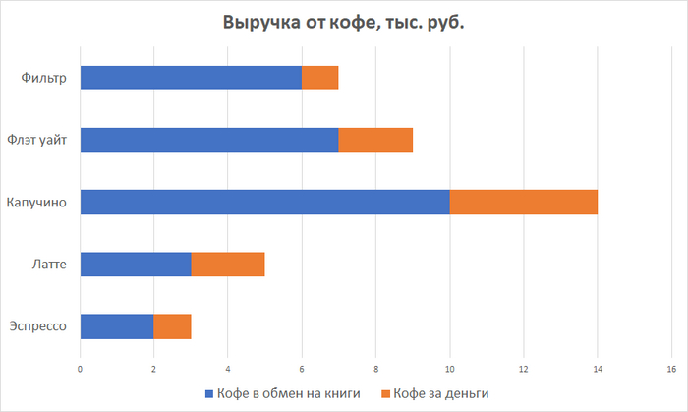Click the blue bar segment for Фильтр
pyautogui.click(x=191, y=78)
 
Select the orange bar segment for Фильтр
pyautogui.click(x=320, y=78)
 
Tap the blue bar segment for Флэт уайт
pyautogui.click(x=209, y=140)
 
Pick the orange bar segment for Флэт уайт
pyautogui.click(x=375, y=140)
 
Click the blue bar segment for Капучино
pyautogui.click(x=264, y=202)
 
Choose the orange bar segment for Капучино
pyautogui.click(x=524, y=202)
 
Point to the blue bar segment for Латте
pyautogui.click(x=136, y=264)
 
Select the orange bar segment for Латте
pyautogui.click(x=228, y=264)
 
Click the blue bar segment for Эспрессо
pyautogui.click(x=117, y=325)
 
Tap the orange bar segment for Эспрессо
pyautogui.click(x=172, y=325)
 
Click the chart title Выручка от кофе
pyautogui.click(x=344, y=23)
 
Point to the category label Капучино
pyautogui.click(x=38, y=202)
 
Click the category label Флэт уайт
pyautogui.click(x=37, y=140)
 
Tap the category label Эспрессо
pyautogui.click(x=37, y=325)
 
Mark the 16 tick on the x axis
pyautogui.click(x=671, y=369)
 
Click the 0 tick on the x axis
pyautogui.click(x=80, y=369)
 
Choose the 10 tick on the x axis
pyautogui.click(x=449, y=369)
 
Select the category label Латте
pyautogui.click(x=48, y=264)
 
